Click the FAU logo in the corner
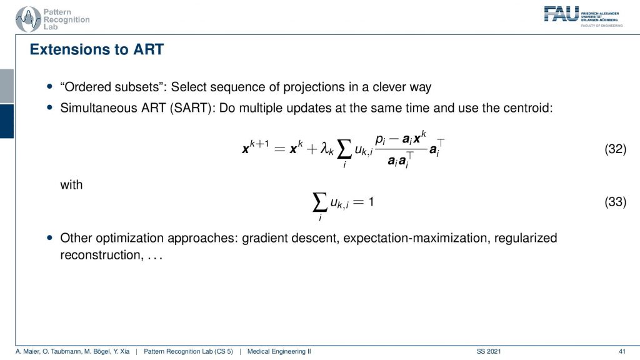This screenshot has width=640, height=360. pos(561,14)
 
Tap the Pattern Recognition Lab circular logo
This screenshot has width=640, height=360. pos(28,19)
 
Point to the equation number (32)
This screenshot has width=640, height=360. pos(615,149)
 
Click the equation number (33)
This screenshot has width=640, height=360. pos(615,202)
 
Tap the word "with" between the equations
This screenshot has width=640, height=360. pos(71,185)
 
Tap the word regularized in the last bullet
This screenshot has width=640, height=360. pos(526,238)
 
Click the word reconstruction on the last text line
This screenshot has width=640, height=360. pos(102,255)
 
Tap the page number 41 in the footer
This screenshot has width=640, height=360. pos(622,351)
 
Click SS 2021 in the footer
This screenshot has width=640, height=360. pos(489,351)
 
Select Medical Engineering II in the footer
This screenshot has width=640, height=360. pos(279,351)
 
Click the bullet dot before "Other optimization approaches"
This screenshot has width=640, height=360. pos(50,237)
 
